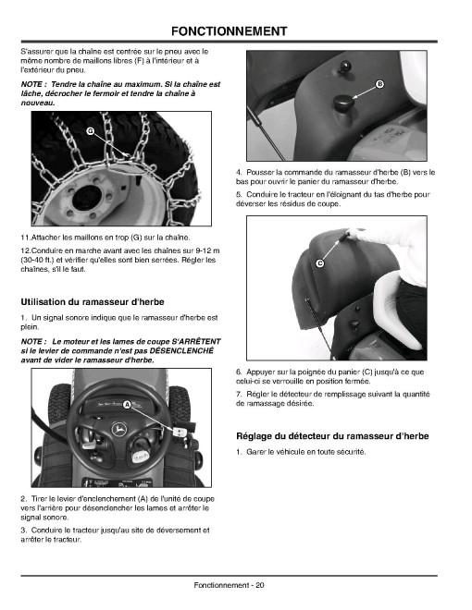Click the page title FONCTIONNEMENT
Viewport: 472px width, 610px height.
tap(229, 31)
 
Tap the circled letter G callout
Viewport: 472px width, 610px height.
tap(90, 131)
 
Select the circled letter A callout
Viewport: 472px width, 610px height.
tap(127, 405)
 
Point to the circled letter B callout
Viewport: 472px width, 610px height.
tap(379, 84)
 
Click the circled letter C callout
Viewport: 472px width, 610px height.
tap(319, 263)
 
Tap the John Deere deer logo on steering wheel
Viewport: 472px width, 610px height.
tap(119, 430)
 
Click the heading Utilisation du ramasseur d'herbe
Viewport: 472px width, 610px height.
tap(93, 302)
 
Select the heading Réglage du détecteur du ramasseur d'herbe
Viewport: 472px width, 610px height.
tap(332, 436)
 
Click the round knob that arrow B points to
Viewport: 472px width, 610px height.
tap(343, 103)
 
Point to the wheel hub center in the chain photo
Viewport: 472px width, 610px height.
tap(86, 197)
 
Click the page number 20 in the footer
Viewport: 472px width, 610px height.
tap(260, 585)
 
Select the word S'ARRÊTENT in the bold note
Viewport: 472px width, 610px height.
tap(196, 341)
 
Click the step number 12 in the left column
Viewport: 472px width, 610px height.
tap(25, 250)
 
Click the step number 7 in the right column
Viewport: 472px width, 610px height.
tap(238, 394)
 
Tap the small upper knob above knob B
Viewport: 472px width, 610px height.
tap(344, 67)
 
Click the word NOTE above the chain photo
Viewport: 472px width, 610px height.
tap(31, 84)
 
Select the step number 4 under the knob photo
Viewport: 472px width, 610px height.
tap(238, 172)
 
